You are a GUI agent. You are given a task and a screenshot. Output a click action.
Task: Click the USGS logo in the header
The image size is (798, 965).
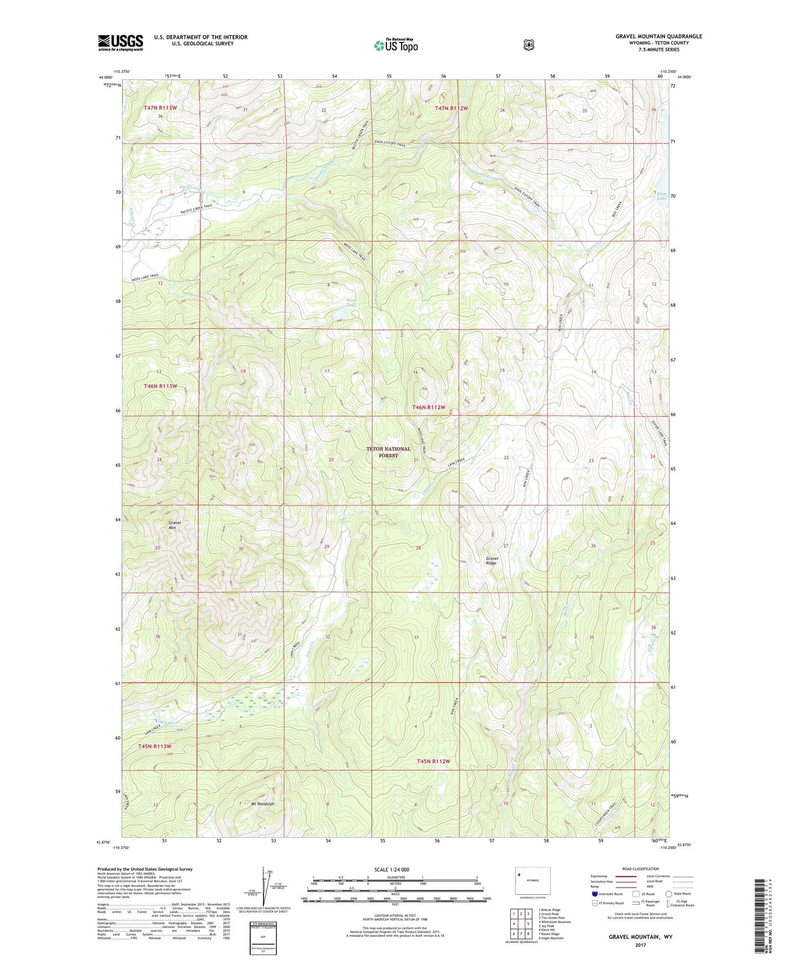pyautogui.click(x=120, y=43)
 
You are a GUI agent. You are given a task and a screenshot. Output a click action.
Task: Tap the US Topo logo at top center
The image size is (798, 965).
pyautogui.click(x=395, y=45)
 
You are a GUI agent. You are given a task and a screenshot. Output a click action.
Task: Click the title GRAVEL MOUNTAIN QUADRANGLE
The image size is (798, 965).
pyautogui.click(x=659, y=36)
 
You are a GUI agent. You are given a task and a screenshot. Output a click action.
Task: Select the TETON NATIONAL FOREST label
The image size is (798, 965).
pyautogui.click(x=389, y=452)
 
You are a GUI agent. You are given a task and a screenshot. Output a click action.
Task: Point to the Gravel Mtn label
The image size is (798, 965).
pyautogui.click(x=175, y=525)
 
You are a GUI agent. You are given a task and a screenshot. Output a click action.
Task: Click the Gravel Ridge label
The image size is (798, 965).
pyautogui.click(x=492, y=560)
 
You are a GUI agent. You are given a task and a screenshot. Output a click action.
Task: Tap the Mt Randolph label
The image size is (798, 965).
pyautogui.click(x=263, y=804)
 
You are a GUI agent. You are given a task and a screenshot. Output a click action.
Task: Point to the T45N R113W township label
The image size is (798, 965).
pyautogui.click(x=154, y=746)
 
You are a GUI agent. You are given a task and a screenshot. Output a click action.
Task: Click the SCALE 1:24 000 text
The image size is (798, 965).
pyautogui.click(x=392, y=869)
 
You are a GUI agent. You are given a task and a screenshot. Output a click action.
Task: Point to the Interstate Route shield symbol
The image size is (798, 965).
pyautogui.click(x=594, y=894)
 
